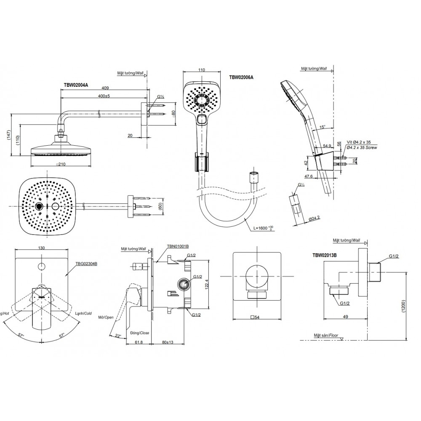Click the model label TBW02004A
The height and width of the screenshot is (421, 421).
point(76,85)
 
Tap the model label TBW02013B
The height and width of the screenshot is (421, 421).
point(327,255)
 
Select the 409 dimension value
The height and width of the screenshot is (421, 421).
point(105,88)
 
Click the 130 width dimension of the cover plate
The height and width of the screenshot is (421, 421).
point(42,248)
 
